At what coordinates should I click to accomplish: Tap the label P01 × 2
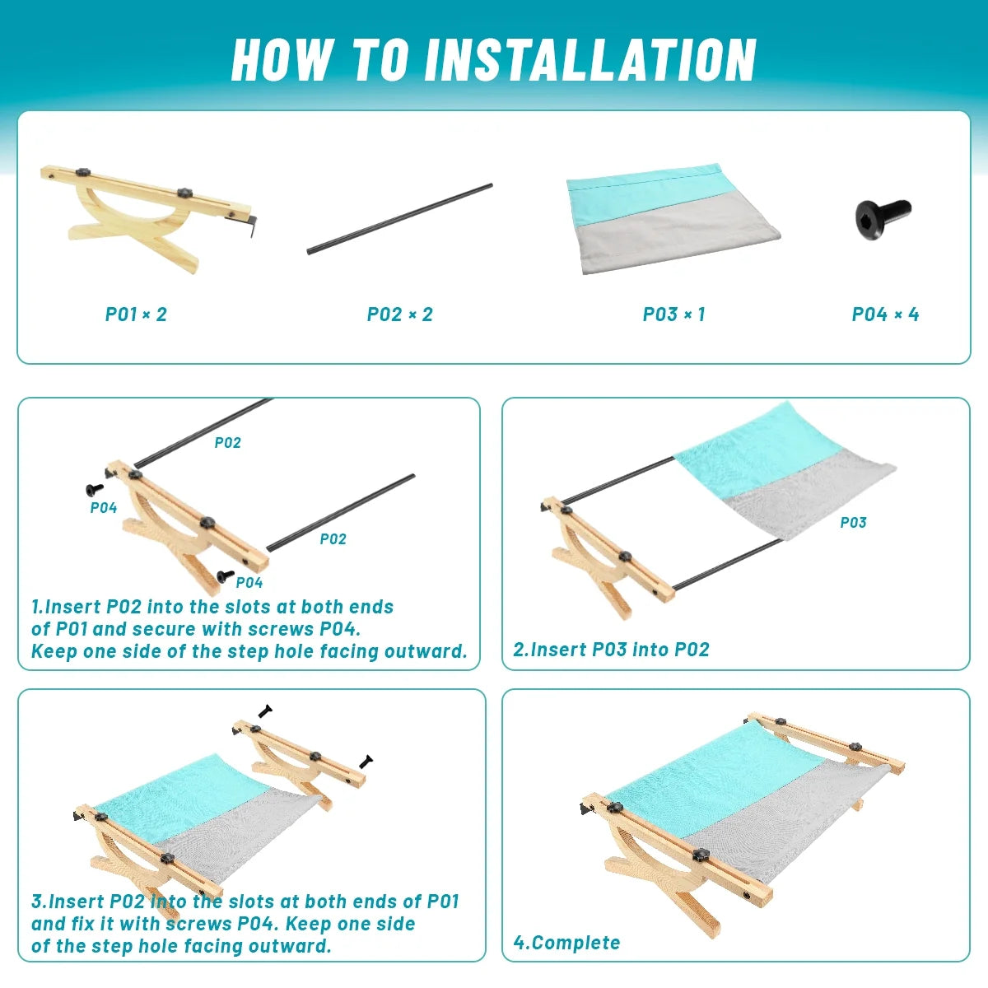(x=136, y=315)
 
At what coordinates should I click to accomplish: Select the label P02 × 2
(x=400, y=315)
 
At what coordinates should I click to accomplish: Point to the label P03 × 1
(x=674, y=315)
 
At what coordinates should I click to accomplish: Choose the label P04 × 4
(x=885, y=315)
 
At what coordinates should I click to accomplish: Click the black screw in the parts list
(x=883, y=218)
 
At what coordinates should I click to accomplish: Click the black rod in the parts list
(x=400, y=219)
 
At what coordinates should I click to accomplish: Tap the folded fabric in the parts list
(x=673, y=219)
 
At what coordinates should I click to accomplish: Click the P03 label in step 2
(x=853, y=523)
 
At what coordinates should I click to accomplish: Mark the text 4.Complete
(x=566, y=943)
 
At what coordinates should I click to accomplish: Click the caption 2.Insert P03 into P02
(x=611, y=649)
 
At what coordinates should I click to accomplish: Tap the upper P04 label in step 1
(x=104, y=508)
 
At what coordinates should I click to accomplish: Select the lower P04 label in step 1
(x=249, y=582)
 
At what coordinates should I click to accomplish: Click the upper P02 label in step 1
(x=227, y=442)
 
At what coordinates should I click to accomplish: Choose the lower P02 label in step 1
(x=333, y=538)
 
